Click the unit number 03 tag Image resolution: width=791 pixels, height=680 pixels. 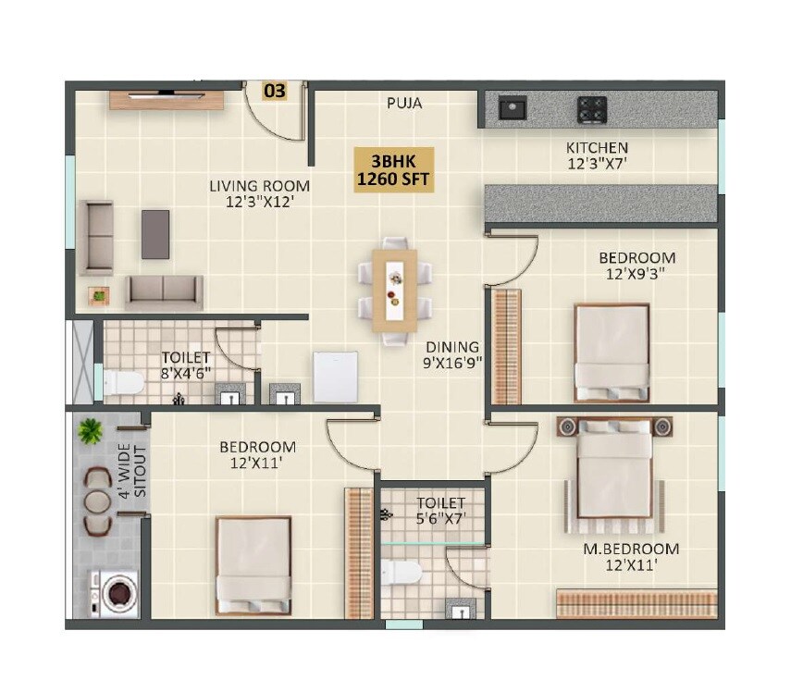(275, 91)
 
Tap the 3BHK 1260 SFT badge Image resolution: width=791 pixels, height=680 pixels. (393, 169)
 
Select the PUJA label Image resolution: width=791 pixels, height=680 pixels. (404, 104)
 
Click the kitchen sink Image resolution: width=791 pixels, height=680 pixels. (512, 109)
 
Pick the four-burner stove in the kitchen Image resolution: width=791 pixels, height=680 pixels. (592, 110)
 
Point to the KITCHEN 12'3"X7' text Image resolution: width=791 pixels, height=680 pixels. (597, 155)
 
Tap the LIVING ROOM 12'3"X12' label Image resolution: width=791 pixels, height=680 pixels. (258, 192)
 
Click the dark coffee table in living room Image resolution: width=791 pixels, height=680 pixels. (155, 234)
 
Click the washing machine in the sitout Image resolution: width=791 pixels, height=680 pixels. (116, 594)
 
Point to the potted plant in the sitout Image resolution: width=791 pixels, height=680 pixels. (91, 431)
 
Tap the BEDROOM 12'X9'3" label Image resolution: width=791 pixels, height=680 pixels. (637, 266)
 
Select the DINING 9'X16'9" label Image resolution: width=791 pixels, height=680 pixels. (453, 354)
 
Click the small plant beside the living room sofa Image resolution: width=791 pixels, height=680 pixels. (98, 295)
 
